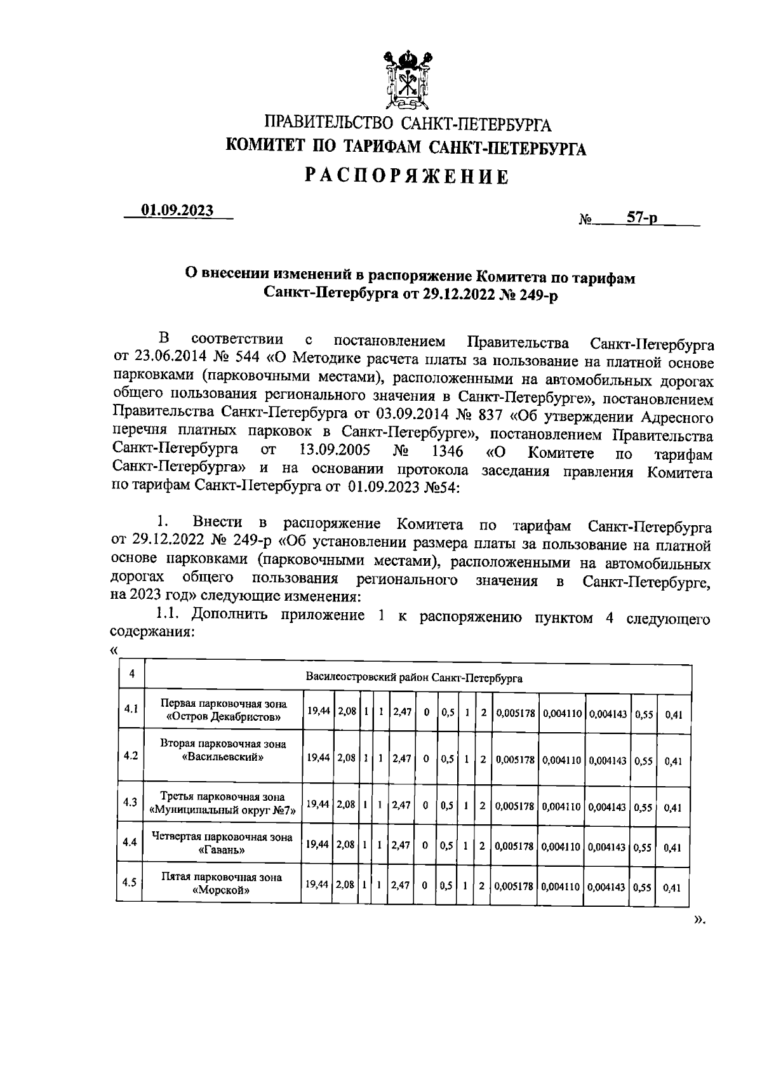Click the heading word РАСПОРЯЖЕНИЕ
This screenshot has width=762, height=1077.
(x=406, y=176)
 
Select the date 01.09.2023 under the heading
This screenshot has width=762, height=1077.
(x=177, y=210)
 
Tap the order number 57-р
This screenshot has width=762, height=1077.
(x=642, y=218)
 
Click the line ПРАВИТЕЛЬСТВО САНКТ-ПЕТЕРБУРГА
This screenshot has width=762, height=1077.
(x=407, y=123)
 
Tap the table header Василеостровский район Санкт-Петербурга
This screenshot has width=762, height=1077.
(x=414, y=678)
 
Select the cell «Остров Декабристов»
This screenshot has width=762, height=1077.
(x=223, y=717)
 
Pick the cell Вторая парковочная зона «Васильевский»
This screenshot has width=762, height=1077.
(x=223, y=751)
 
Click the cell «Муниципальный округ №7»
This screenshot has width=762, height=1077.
(x=223, y=810)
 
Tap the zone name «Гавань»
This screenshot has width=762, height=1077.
(x=223, y=850)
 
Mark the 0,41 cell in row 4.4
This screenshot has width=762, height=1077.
(x=672, y=848)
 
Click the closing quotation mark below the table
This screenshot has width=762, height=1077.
(x=699, y=919)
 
